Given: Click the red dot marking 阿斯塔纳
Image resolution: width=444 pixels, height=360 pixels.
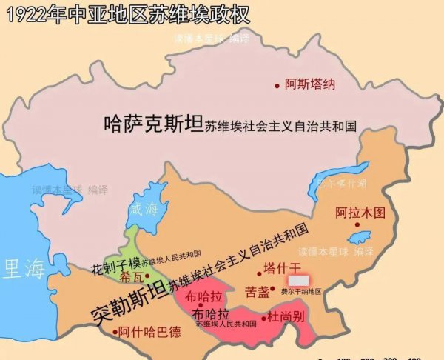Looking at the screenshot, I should click(x=277, y=85).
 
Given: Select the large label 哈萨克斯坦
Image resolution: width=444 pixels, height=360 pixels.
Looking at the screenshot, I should click(x=152, y=124).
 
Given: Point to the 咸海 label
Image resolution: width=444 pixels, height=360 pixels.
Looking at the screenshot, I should click(x=144, y=209).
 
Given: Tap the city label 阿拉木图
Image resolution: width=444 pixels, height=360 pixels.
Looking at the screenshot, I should click(x=360, y=212).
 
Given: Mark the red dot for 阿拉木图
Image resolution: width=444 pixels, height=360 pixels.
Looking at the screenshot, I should click(x=357, y=224).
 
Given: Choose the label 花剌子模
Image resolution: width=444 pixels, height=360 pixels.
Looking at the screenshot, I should click(x=115, y=265).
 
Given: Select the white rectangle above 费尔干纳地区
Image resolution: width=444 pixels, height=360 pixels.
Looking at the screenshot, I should click(x=299, y=281).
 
